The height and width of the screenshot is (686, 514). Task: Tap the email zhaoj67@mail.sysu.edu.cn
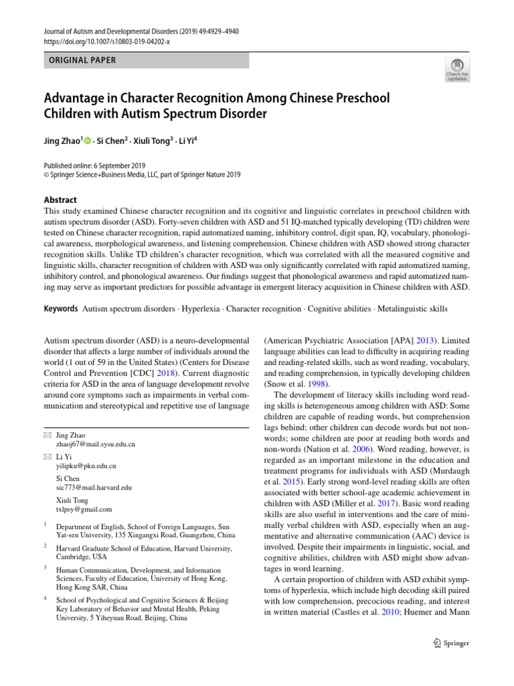96,444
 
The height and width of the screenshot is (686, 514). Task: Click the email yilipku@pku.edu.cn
86,466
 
